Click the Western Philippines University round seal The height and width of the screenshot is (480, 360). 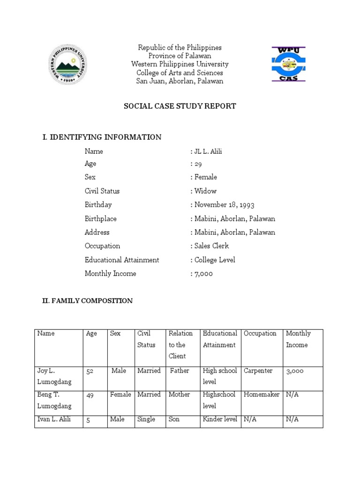pyautogui.click(x=68, y=64)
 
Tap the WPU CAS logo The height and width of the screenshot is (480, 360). pyautogui.click(x=288, y=64)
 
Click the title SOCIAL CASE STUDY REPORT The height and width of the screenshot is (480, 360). pyautogui.click(x=180, y=106)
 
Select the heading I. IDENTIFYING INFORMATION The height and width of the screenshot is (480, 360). pyautogui.click(x=102, y=137)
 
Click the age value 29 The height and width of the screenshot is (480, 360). pyautogui.click(x=197, y=164)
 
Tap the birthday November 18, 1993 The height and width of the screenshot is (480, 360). pyautogui.click(x=224, y=205)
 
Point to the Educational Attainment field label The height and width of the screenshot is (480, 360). pyautogui.click(x=122, y=260)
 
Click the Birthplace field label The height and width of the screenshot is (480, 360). pyautogui.click(x=101, y=219)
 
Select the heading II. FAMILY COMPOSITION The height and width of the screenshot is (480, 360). pyautogui.click(x=87, y=301)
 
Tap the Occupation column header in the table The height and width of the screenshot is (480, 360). pyautogui.click(x=260, y=334)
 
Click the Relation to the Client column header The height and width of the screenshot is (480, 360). pyautogui.click(x=181, y=345)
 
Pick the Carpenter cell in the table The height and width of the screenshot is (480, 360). pyautogui.click(x=258, y=371)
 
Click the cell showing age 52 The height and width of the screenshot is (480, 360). pyautogui.click(x=90, y=371)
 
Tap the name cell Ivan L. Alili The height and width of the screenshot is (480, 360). pyautogui.click(x=54, y=419)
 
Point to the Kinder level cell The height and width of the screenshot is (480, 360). pyautogui.click(x=220, y=419)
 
